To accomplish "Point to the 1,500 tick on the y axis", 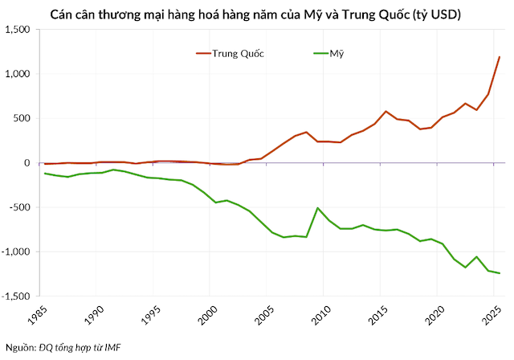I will click(16, 30).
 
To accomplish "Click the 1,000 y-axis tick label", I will click(16, 74).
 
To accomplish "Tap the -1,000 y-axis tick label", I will click(14, 252).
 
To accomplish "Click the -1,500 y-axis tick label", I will click(14, 297).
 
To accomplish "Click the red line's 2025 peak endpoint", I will click(500, 57).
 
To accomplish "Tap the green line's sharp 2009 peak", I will click(317, 208).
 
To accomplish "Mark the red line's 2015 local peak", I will click(386, 112).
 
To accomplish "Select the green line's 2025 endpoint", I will click(500, 273).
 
